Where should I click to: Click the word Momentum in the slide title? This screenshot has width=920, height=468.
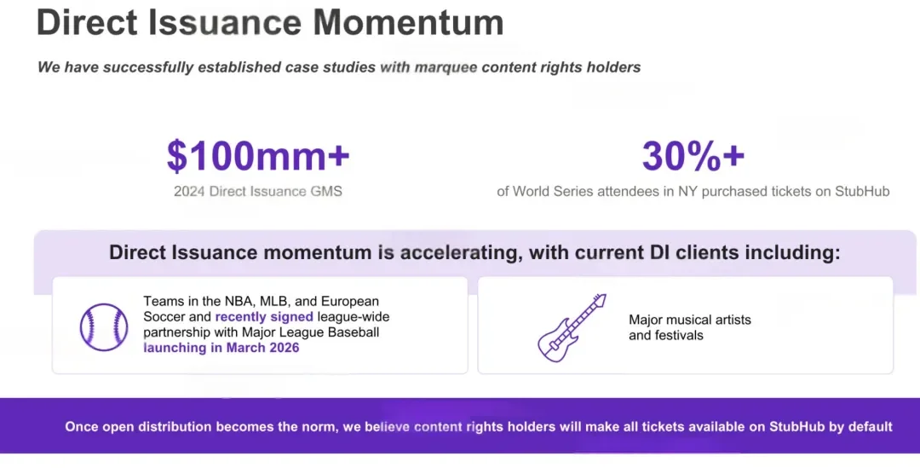click(408, 22)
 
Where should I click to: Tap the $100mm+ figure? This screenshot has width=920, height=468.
click(258, 156)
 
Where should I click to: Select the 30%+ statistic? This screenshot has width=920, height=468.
click(693, 156)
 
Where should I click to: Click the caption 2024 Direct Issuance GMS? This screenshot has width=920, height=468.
click(257, 192)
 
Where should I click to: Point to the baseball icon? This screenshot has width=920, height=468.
click(104, 327)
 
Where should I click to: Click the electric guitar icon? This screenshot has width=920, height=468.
click(572, 327)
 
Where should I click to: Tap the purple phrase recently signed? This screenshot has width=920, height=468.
click(264, 317)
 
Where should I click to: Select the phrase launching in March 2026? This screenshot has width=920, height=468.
click(221, 348)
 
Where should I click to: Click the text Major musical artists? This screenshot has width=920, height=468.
click(690, 320)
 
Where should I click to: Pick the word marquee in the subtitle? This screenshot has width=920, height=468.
click(446, 67)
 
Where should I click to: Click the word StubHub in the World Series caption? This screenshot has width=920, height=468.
click(862, 192)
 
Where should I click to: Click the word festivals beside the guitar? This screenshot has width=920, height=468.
click(682, 335)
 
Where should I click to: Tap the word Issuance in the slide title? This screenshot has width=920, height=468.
click(224, 22)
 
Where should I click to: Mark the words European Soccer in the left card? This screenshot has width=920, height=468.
click(262, 309)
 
